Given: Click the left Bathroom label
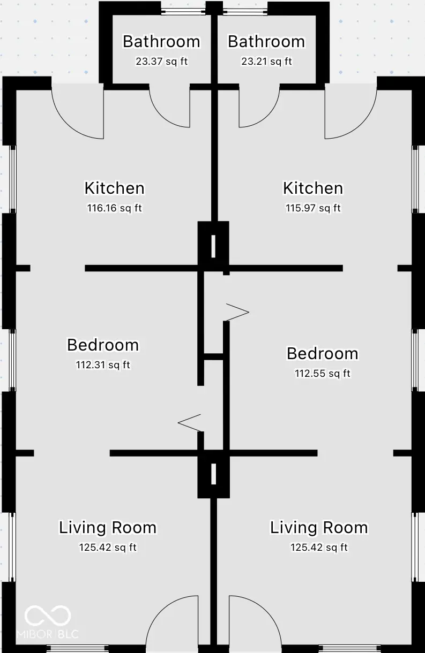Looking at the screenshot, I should pos(161,42).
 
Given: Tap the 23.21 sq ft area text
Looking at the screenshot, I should pos(266,62).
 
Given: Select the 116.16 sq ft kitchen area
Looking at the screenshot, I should pos(114,208).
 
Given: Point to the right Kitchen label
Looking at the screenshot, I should pos(313,188).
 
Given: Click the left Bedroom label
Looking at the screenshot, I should pos(103,345).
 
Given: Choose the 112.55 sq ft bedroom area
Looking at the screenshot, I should pos(322,374).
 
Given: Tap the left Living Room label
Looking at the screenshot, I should pos(108,528).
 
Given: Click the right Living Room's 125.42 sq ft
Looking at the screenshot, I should pos(319,548).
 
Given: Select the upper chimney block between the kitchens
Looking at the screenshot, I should pos(213,246).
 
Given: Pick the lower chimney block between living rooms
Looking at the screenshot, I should pos(213,474).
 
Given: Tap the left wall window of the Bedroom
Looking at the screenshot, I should pos(11,359).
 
